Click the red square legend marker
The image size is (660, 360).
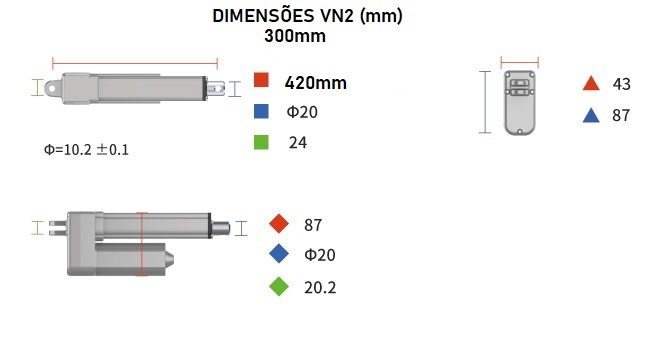point(261,80)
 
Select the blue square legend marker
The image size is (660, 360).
point(261,111)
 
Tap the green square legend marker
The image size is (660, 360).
point(261,142)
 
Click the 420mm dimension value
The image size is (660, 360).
point(316,83)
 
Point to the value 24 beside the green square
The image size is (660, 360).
point(298,143)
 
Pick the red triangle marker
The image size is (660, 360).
point(591,83)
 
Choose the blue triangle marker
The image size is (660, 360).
point(591,115)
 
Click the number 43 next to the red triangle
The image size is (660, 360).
point(622,84)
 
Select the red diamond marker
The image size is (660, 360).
point(279,224)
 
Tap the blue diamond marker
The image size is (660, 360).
point(279,254)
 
